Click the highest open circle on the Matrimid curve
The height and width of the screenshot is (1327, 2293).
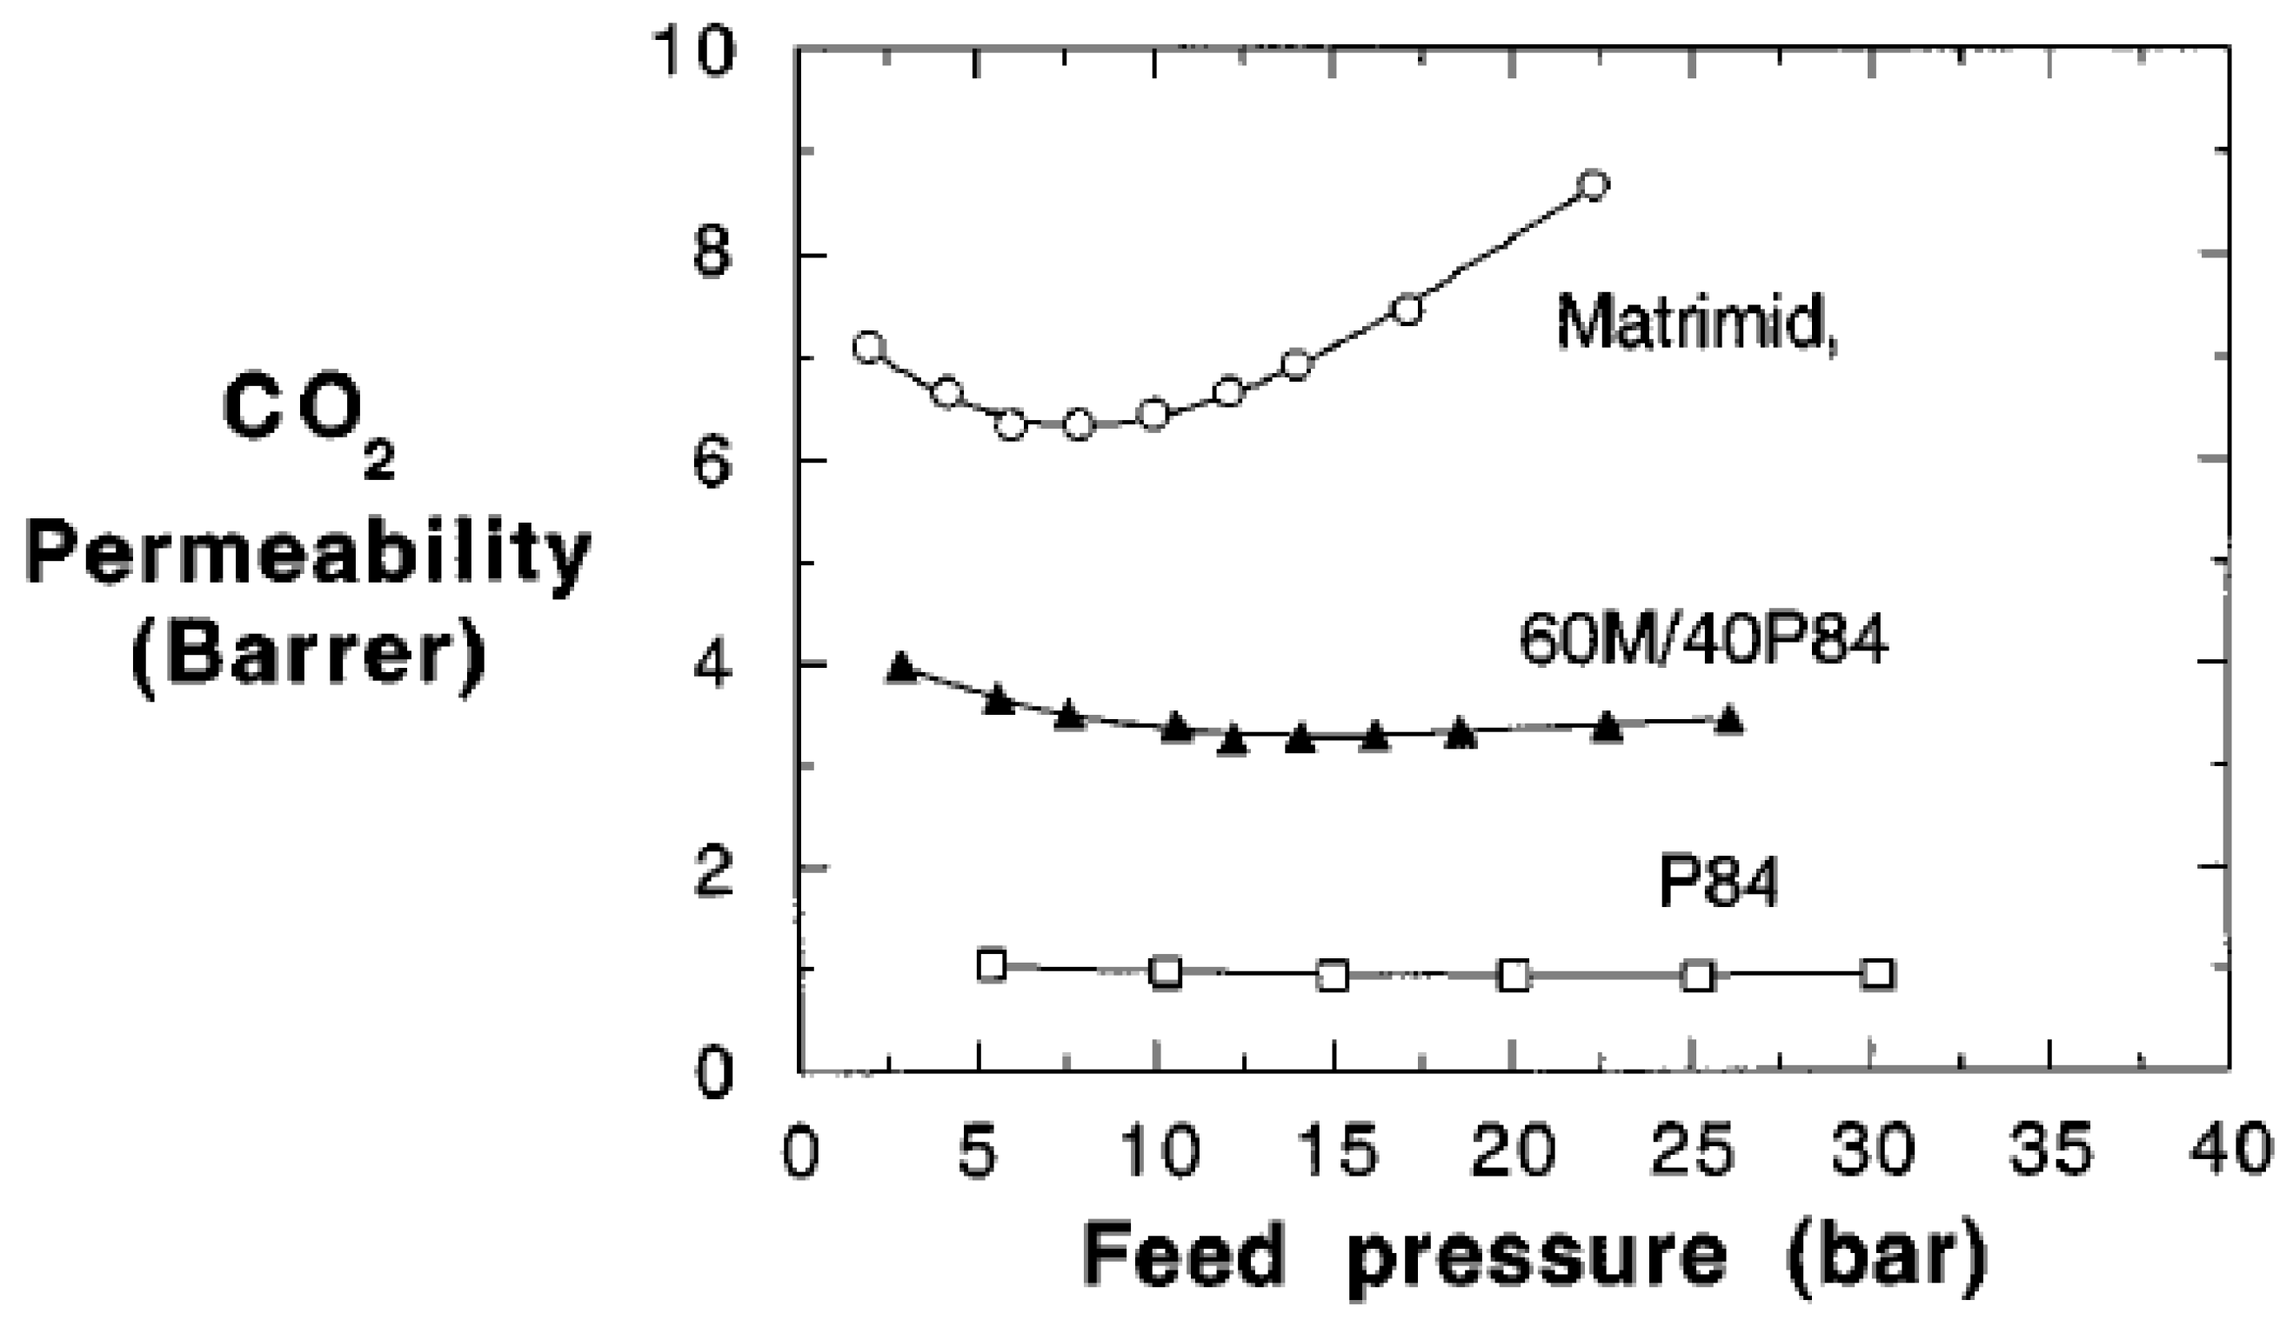[x=1594, y=184]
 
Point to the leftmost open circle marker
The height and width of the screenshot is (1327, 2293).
[x=869, y=348]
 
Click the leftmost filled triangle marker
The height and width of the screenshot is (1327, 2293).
[x=901, y=667]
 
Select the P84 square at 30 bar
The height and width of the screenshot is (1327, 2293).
[x=1878, y=974]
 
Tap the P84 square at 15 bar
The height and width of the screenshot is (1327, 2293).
[x=1332, y=976]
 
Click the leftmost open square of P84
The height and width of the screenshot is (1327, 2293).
[x=992, y=965]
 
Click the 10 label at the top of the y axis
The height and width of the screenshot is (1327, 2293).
[x=694, y=51]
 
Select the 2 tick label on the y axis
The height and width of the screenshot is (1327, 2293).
[x=712, y=874]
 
